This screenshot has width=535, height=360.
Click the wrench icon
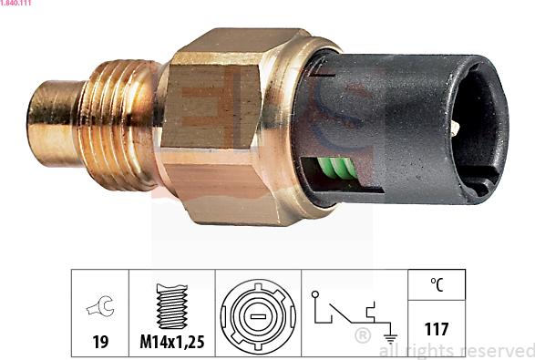tap(99, 308)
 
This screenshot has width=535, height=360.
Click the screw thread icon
tap(171, 306)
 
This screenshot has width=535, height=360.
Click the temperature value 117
tap(437, 329)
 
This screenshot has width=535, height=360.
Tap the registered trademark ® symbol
tap(362, 336)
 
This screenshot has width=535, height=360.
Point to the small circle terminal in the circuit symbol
tap(314, 295)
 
